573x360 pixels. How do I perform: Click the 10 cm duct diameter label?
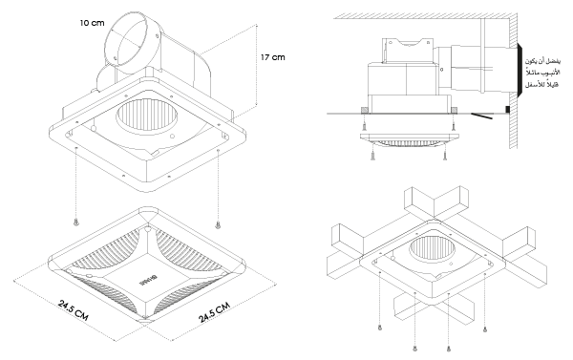(x=92, y=23)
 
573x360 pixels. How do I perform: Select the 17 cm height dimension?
(x=272, y=57)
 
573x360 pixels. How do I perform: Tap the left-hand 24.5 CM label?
(x=74, y=310)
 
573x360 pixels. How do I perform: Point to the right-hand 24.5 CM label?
(x=215, y=312)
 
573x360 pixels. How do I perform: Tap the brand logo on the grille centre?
(x=148, y=282)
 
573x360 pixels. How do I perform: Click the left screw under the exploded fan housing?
(x=76, y=222)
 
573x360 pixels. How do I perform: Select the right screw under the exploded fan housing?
(x=218, y=224)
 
